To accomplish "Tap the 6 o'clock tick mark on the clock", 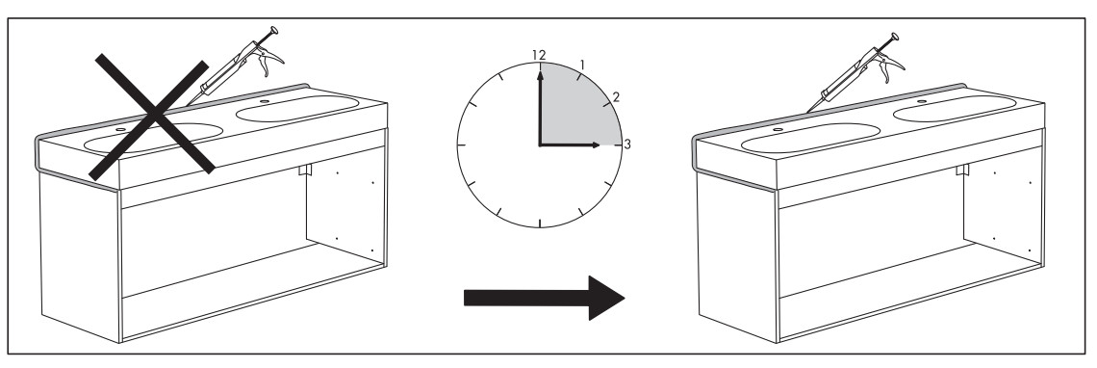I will tap(540, 223).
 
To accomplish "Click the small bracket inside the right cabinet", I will tap(962, 171).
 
